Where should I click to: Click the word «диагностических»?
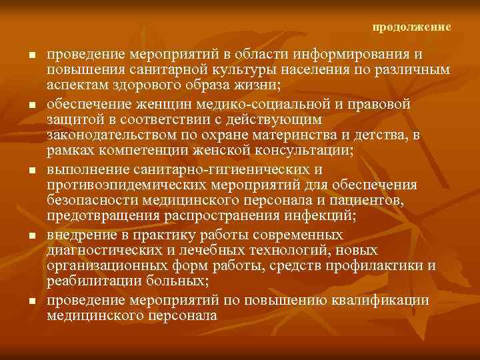pos(107,250)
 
